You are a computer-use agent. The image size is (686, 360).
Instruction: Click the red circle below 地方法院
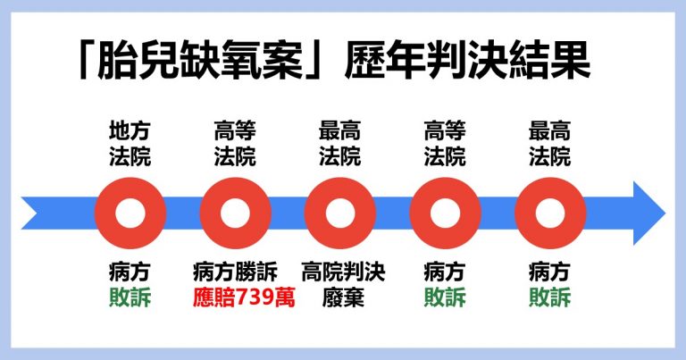click(130, 214)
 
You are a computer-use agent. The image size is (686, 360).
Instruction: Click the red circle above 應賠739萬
click(234, 214)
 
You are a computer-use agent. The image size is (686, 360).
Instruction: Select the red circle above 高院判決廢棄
click(339, 214)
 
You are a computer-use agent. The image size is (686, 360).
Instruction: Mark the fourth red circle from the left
click(444, 214)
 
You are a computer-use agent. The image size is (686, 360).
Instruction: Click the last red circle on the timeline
click(549, 214)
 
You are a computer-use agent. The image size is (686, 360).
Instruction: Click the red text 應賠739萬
click(234, 297)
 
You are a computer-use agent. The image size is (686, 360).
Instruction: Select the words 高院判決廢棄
click(339, 284)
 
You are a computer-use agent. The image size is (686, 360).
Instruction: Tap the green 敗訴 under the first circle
click(130, 297)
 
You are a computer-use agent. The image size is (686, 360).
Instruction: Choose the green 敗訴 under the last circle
click(549, 297)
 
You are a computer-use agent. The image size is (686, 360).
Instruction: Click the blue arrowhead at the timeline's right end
click(646, 214)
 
